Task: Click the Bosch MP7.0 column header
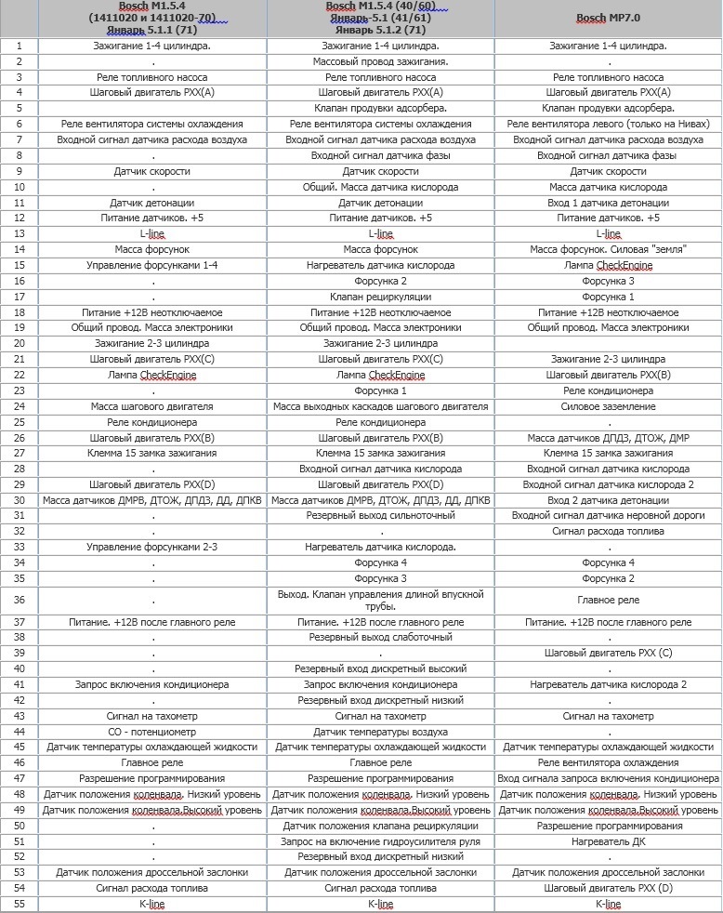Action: click(x=608, y=18)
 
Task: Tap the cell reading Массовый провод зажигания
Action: click(x=380, y=61)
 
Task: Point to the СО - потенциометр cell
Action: click(x=151, y=732)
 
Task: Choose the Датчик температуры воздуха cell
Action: click(x=380, y=732)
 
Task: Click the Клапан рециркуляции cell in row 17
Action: click(x=380, y=297)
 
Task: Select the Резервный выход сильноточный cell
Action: click(x=380, y=515)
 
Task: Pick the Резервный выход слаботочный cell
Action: click(x=380, y=637)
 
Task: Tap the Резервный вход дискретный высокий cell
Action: click(x=380, y=668)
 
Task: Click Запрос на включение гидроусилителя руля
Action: click(x=380, y=841)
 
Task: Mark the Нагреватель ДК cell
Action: click(x=608, y=841)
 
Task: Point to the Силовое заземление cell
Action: click(x=608, y=406)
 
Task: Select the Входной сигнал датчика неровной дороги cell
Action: click(x=608, y=515)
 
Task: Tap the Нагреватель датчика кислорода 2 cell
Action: click(x=608, y=684)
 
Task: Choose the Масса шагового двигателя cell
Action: click(x=151, y=406)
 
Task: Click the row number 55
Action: click(x=20, y=904)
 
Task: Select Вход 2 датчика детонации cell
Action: click(x=608, y=500)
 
